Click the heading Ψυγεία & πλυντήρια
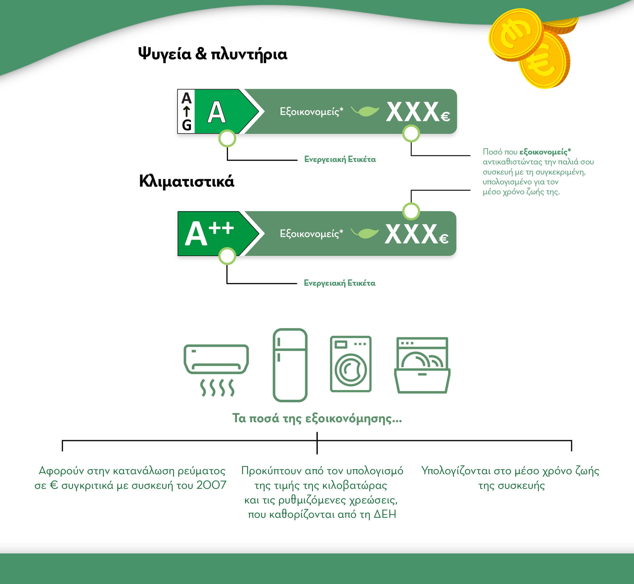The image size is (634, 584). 213,54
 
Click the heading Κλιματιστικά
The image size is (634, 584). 187,181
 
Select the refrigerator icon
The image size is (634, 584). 290,365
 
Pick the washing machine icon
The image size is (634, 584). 351,364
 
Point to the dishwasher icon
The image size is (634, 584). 422,365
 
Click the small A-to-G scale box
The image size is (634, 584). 186,112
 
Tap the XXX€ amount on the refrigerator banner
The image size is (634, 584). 418,112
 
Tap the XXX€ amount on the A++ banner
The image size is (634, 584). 417,234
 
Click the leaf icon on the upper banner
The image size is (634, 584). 365,111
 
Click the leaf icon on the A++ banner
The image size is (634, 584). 365,233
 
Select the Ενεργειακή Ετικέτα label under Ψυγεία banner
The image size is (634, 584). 340,159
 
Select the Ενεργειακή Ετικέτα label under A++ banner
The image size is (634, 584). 340,283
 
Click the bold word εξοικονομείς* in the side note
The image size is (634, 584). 545,152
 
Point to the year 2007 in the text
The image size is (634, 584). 211,485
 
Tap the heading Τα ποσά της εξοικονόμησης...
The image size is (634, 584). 317,418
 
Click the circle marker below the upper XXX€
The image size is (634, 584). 411,134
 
